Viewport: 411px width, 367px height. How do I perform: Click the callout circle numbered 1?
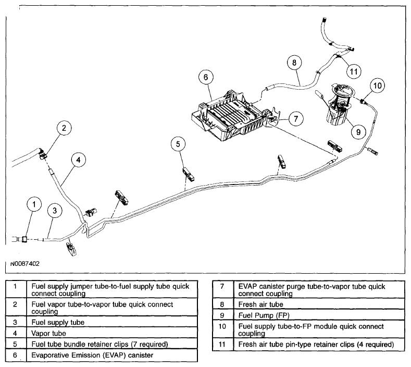click(x=34, y=204)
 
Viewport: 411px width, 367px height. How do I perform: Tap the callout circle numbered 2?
click(x=64, y=128)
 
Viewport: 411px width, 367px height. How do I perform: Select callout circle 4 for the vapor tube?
click(x=79, y=160)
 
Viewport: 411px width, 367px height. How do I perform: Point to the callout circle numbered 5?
click(x=178, y=144)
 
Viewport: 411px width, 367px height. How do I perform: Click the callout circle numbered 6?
click(x=206, y=77)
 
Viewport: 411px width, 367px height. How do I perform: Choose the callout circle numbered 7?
click(x=296, y=118)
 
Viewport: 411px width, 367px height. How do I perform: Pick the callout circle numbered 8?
click(x=294, y=63)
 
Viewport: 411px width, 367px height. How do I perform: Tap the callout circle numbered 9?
click(x=358, y=132)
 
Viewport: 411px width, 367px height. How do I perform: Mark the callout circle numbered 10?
click(x=378, y=85)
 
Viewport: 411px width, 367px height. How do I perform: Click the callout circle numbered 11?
click(x=354, y=71)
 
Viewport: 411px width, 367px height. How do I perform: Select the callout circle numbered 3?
click(x=55, y=211)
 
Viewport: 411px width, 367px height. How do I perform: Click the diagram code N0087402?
click(x=25, y=264)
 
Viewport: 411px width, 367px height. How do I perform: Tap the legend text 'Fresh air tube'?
click(x=260, y=304)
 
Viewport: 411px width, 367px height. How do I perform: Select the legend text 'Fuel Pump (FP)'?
click(x=264, y=315)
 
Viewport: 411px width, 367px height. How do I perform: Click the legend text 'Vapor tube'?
click(x=48, y=334)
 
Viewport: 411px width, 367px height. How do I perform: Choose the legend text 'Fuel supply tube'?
click(x=58, y=322)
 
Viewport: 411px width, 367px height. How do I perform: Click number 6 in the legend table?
click(x=15, y=355)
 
